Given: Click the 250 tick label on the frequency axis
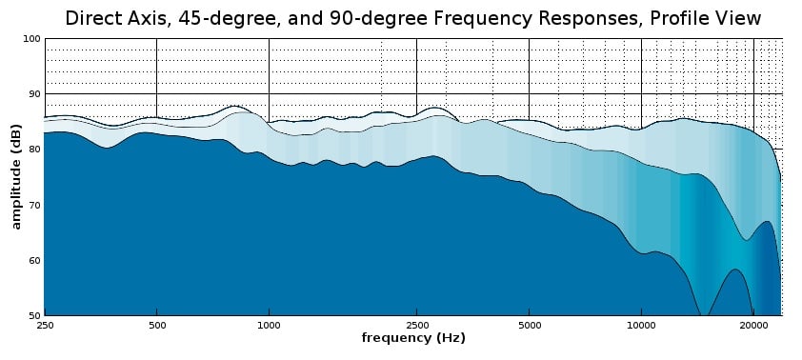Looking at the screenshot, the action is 45,325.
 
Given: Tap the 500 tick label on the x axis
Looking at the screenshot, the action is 156,325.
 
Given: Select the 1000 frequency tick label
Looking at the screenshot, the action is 269,325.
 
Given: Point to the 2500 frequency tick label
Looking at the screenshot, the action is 416,325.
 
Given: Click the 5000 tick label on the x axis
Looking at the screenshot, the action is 529,325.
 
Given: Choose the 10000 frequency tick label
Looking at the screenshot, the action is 641,325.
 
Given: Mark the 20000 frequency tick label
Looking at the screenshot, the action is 753,325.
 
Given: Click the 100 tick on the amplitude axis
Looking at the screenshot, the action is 31,39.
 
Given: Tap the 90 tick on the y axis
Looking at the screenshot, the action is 33,94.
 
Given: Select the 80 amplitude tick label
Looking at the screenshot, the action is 33,150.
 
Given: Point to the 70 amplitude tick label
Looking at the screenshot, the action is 33,205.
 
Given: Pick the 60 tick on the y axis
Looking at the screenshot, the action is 33,260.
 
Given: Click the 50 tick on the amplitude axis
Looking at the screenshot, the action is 33,315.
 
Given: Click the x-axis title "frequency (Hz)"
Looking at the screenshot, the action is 413,338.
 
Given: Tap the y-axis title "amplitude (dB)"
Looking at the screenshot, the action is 16,177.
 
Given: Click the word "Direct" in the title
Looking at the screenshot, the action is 90,19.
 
